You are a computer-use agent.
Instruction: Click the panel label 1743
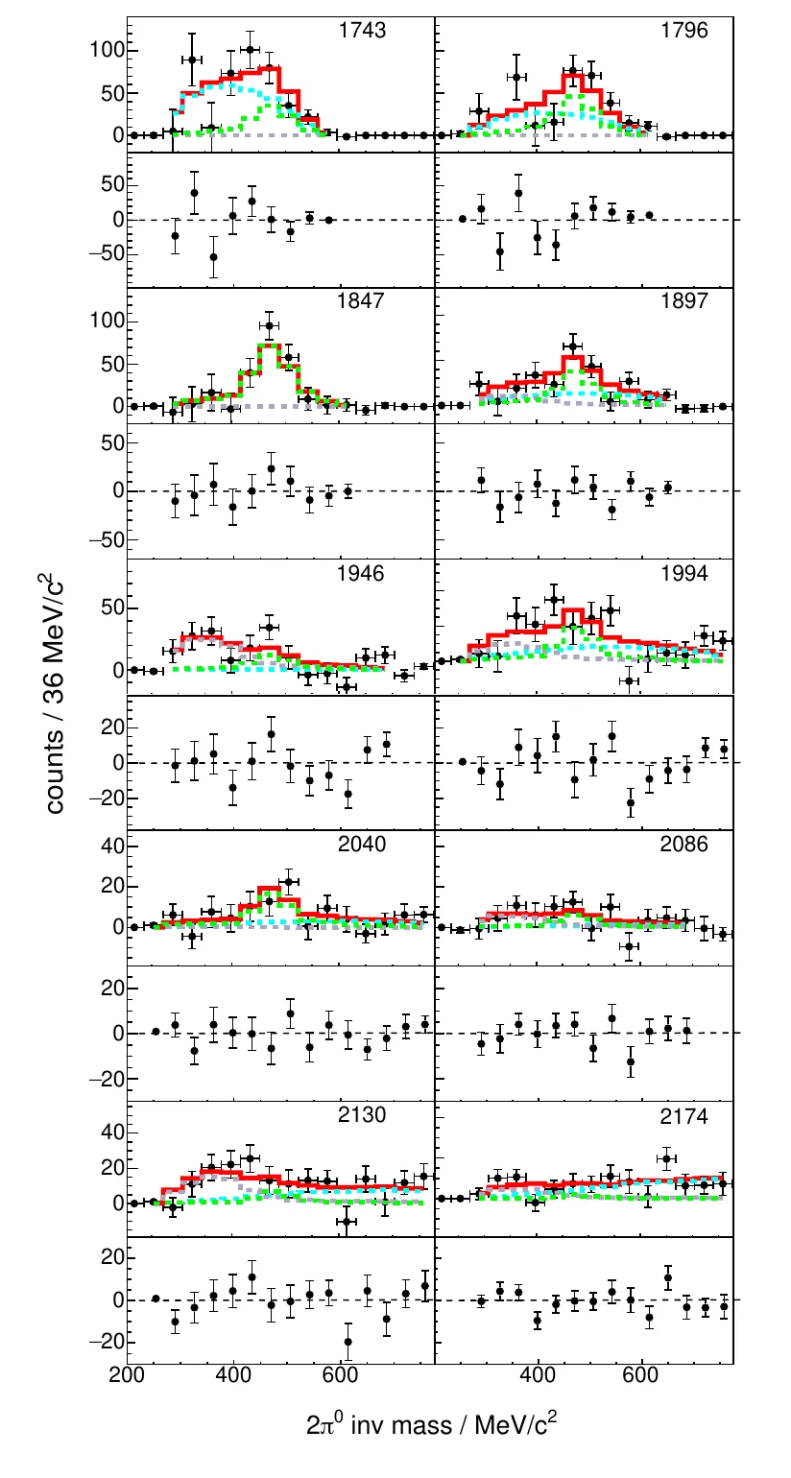(x=362, y=31)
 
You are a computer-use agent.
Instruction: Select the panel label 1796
(x=684, y=31)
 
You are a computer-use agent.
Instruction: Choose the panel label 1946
(x=362, y=575)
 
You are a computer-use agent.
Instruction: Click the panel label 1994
(x=684, y=575)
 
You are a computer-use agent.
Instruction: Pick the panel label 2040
(x=362, y=846)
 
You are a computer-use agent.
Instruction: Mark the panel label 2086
(x=684, y=846)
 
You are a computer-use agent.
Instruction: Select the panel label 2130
(x=362, y=1116)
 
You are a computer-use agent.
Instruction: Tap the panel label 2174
(x=684, y=1116)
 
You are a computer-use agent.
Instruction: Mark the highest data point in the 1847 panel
(x=270, y=325)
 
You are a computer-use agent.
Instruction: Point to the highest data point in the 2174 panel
(x=667, y=1158)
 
